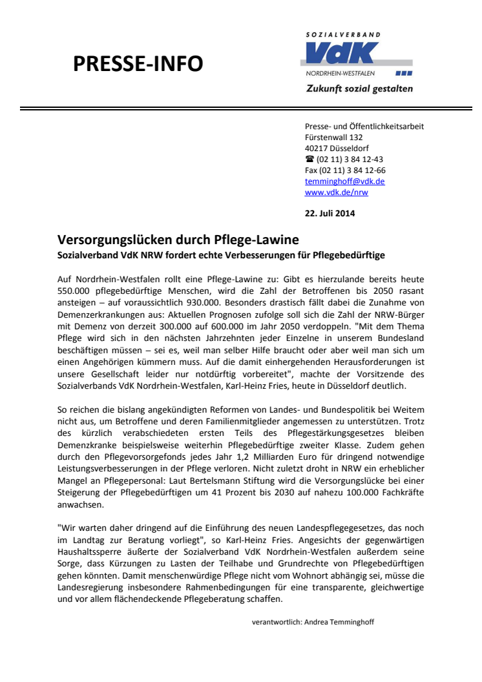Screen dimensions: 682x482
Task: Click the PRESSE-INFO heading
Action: pos(138,63)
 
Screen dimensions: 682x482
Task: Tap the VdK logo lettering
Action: pos(342,52)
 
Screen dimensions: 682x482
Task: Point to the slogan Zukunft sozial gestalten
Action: pos(359,88)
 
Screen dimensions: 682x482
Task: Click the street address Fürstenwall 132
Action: pos(333,138)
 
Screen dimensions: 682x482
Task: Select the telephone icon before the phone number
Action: pos(309,160)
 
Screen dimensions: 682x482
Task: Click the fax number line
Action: pos(344,170)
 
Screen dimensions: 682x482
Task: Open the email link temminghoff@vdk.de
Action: pos(344,181)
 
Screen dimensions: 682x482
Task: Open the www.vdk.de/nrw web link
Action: pos(336,192)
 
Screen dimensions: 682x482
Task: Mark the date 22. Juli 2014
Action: pos(330,213)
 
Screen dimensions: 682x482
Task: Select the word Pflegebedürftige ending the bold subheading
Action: pos(349,255)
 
